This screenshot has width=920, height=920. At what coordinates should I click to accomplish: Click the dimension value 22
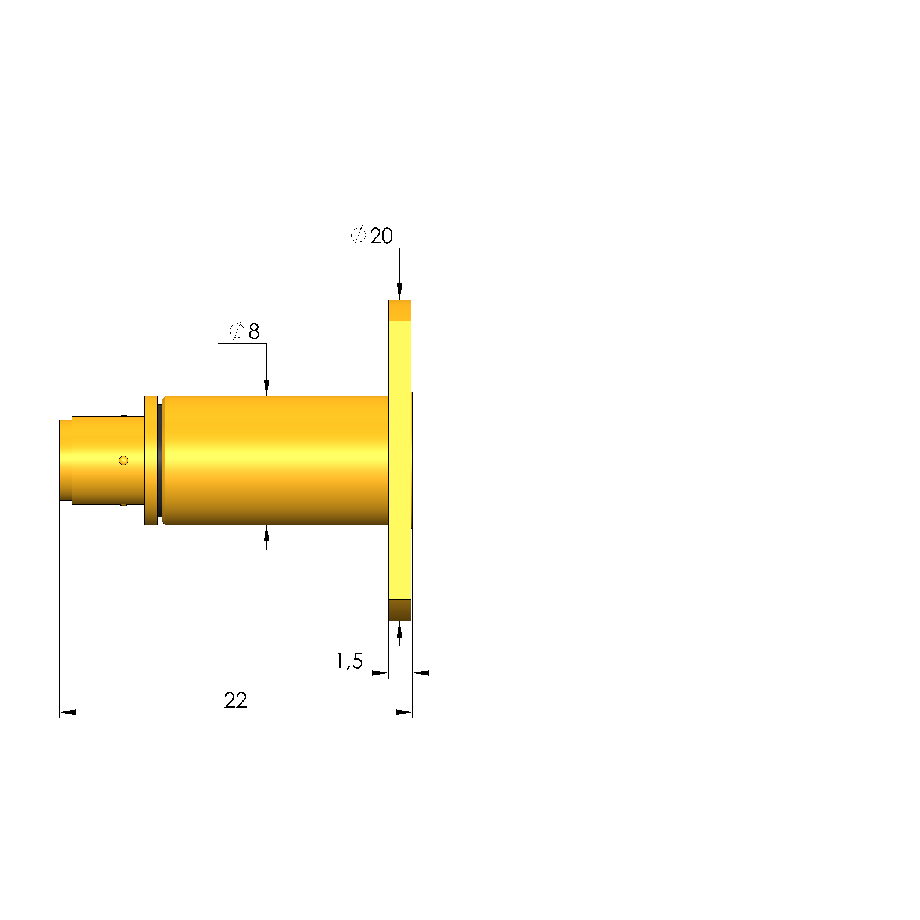(235, 701)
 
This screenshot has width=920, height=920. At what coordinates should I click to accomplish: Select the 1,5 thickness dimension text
(349, 661)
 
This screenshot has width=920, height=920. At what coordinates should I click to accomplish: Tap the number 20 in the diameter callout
(381, 236)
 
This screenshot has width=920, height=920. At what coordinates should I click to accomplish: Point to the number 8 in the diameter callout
(254, 331)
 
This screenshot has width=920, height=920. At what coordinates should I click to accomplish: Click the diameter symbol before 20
(358, 235)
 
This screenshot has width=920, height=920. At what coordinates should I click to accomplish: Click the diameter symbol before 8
(237, 330)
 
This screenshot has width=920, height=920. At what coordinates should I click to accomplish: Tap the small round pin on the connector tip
(123, 460)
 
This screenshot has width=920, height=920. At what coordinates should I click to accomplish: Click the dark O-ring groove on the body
(159, 460)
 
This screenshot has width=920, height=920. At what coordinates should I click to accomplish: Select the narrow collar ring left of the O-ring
(151, 460)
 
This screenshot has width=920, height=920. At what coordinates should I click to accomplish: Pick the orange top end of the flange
(399, 310)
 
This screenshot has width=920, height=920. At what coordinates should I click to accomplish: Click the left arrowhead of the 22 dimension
(68, 712)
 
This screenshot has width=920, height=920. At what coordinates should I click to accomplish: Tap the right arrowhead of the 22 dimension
(404, 712)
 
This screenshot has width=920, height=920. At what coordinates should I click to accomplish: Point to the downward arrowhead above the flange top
(399, 291)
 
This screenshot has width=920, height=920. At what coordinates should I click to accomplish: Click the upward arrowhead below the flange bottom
(399, 630)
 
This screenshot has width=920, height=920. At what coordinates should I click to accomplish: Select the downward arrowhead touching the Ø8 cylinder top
(267, 387)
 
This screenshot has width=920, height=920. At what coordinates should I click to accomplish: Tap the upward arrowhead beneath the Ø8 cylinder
(267, 534)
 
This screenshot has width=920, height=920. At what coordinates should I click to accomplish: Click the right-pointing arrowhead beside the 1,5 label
(380, 673)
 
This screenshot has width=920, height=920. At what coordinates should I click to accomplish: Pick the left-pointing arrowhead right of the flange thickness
(421, 673)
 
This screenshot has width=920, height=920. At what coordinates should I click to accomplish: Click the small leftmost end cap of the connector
(65, 460)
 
